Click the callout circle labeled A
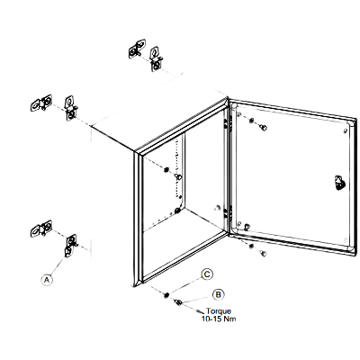pyautogui.click(x=47, y=280)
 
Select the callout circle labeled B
pyautogui.click(x=219, y=294)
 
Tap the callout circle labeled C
pyautogui.click(x=207, y=274)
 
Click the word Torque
pyautogui.click(x=219, y=311)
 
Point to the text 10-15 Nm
pyautogui.click(x=219, y=319)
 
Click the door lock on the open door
pyautogui.click(x=339, y=183)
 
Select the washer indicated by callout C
pyautogui.click(x=166, y=295)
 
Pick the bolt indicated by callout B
pyautogui.click(x=178, y=302)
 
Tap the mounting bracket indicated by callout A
pyautogui.click(x=70, y=245)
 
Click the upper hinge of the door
pyautogui.click(x=227, y=123)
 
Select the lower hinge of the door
pyautogui.click(x=228, y=211)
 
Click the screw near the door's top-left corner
pyautogui.click(x=264, y=128)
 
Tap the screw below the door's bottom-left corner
pyautogui.click(x=264, y=254)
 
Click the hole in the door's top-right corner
pyautogui.click(x=345, y=130)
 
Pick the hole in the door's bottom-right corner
pyautogui.click(x=345, y=240)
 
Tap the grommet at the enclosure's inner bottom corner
pyautogui.click(x=177, y=211)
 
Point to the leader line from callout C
pyautogui.click(x=185, y=285)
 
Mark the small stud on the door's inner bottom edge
pyautogui.click(x=247, y=226)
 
